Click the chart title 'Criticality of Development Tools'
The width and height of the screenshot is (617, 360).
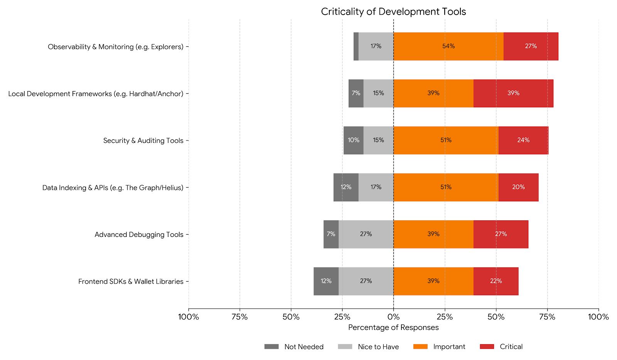tap(393, 12)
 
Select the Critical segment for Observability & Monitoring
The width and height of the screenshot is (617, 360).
tap(531, 46)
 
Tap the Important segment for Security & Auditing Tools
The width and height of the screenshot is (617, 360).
tap(446, 140)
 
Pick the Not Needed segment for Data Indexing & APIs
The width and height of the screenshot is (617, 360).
tap(346, 187)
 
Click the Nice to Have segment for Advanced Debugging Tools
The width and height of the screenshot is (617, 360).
tap(366, 234)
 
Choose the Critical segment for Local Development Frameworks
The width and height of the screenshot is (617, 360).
tap(513, 93)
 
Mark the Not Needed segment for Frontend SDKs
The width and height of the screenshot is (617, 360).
tap(326, 281)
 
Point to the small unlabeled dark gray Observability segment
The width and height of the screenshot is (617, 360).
tap(356, 46)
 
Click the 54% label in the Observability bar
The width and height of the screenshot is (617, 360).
tap(448, 46)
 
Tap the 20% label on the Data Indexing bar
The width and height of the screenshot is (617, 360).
tap(518, 187)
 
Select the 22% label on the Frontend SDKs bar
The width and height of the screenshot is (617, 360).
tap(496, 281)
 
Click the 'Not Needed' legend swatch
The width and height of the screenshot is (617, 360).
tap(271, 346)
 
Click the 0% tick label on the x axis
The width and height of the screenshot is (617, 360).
tap(393, 317)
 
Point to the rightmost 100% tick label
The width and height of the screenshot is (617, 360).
tap(598, 317)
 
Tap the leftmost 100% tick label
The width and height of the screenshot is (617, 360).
tap(188, 317)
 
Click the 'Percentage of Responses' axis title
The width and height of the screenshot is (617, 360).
tap(393, 328)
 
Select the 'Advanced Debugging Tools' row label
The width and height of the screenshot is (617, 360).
tap(139, 235)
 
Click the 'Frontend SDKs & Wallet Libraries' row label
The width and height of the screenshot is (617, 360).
tap(131, 282)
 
